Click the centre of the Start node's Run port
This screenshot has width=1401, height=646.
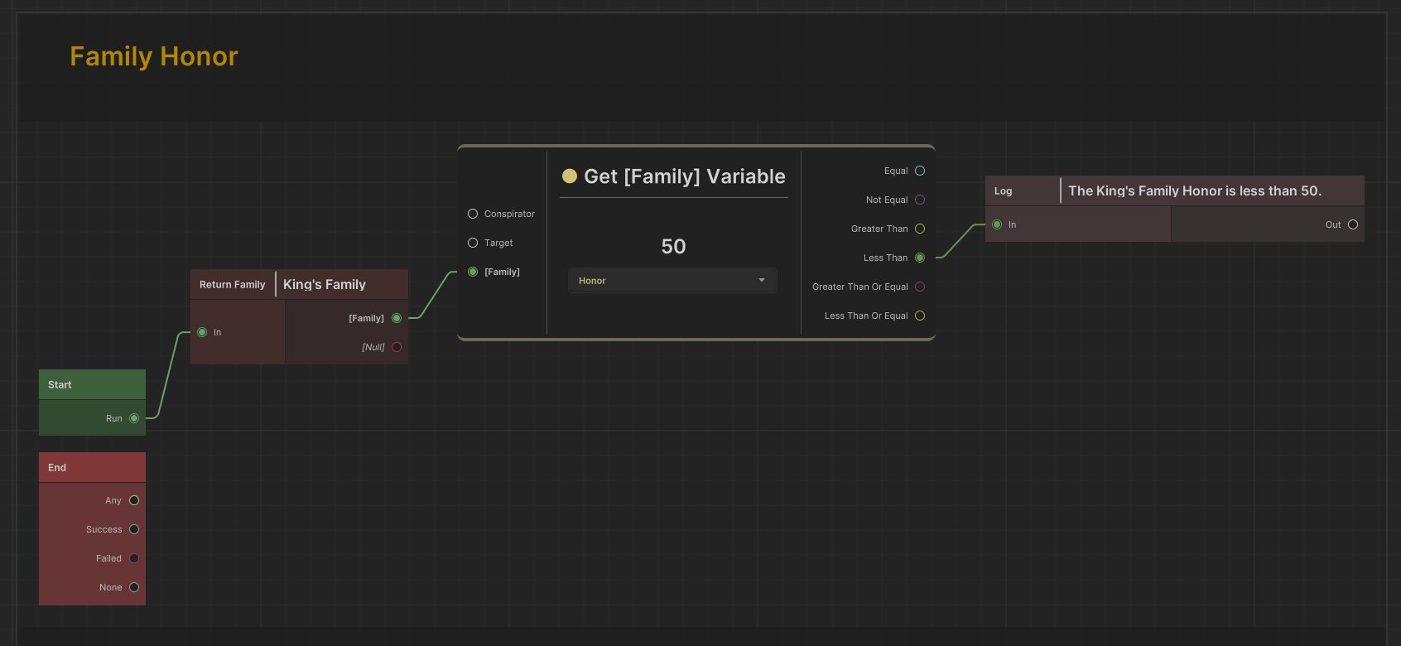134,418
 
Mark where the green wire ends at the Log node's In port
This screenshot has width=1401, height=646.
986,224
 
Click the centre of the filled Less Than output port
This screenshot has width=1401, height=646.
920,258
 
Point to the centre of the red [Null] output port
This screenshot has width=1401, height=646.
397,347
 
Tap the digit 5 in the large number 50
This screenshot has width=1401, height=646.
667,247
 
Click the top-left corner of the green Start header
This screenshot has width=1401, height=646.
39,369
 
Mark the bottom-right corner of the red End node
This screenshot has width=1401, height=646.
146,605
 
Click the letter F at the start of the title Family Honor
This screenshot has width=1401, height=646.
77,56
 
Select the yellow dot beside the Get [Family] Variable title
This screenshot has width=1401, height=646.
569,176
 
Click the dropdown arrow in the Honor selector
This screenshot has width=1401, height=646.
762,280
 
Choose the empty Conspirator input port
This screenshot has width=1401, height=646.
473,214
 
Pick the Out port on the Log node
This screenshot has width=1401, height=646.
1353,224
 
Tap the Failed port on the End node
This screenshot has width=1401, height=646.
134,558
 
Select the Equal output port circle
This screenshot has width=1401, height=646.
920,171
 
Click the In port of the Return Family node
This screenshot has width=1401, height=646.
202,332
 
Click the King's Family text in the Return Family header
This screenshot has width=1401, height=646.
324,285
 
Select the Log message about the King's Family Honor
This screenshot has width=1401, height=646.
1195,190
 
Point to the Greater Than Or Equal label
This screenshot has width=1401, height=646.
860,287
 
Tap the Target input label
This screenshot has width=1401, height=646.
498,243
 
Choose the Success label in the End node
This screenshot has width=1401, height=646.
104,529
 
